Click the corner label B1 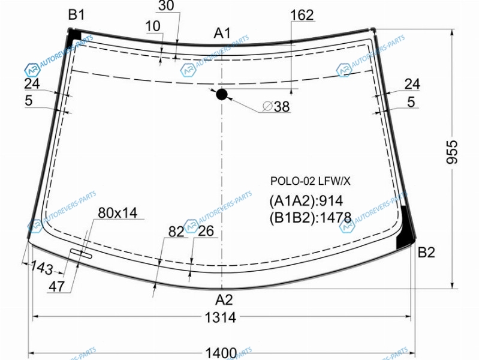[76, 14]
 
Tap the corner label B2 [426, 253]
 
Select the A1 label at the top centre [222, 33]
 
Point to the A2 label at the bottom [224, 300]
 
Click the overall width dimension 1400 [221, 353]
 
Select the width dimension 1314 [220, 317]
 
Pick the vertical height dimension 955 [452, 152]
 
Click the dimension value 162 [302, 15]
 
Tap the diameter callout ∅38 [276, 106]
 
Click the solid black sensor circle [222, 95]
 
